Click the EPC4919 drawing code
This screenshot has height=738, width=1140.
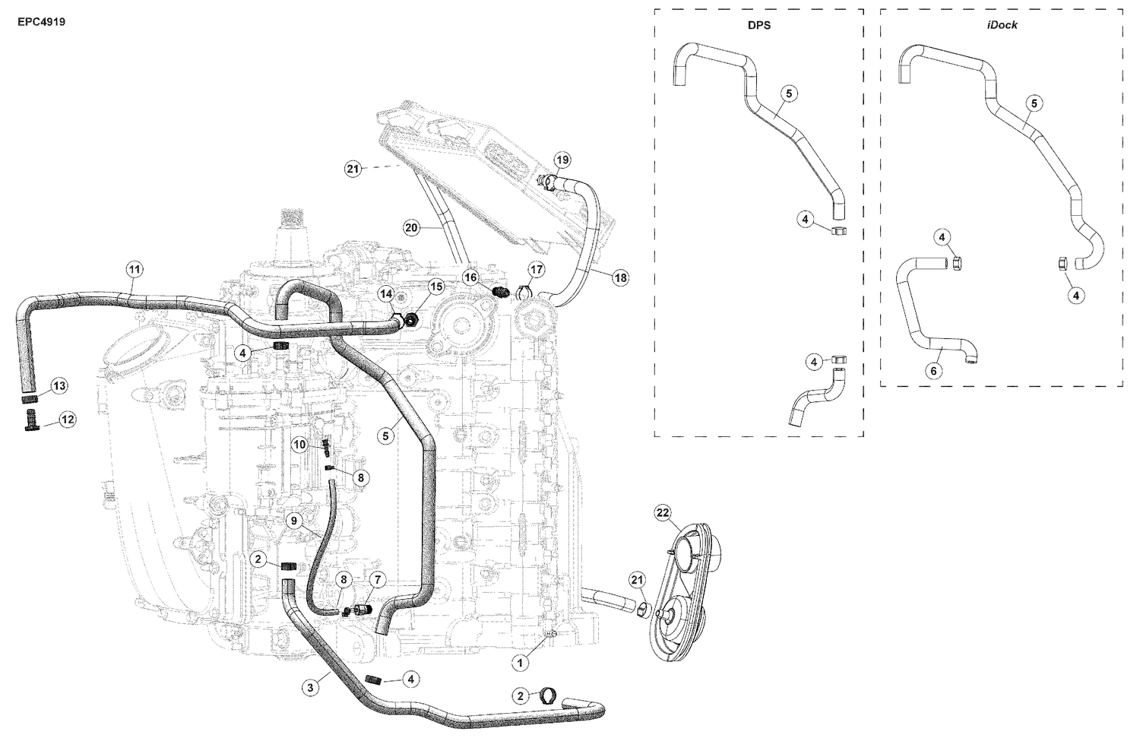[x=41, y=22]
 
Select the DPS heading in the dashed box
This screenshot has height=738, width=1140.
[x=759, y=25]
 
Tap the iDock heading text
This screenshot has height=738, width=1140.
[x=1002, y=25]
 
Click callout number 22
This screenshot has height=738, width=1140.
[x=662, y=512]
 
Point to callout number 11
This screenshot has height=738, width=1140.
[x=135, y=269]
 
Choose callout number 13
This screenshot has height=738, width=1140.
[x=59, y=386]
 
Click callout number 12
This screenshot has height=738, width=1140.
[x=67, y=420]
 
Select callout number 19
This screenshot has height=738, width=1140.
[x=562, y=160]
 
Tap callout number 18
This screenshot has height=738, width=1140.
[x=620, y=278]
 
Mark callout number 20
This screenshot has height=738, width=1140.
[x=411, y=228]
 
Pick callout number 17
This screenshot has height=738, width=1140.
[x=537, y=270]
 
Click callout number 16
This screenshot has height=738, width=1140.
[x=470, y=277]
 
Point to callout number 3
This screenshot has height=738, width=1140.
[x=310, y=688]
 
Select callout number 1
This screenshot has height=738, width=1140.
[x=520, y=664]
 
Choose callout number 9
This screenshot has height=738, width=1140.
[x=294, y=521]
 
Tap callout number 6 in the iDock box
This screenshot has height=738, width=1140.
[x=933, y=371]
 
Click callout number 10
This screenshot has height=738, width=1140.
[x=300, y=445]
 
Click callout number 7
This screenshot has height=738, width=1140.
[x=378, y=580]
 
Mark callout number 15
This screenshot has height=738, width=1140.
[x=436, y=287]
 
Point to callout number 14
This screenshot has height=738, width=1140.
[x=386, y=294]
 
